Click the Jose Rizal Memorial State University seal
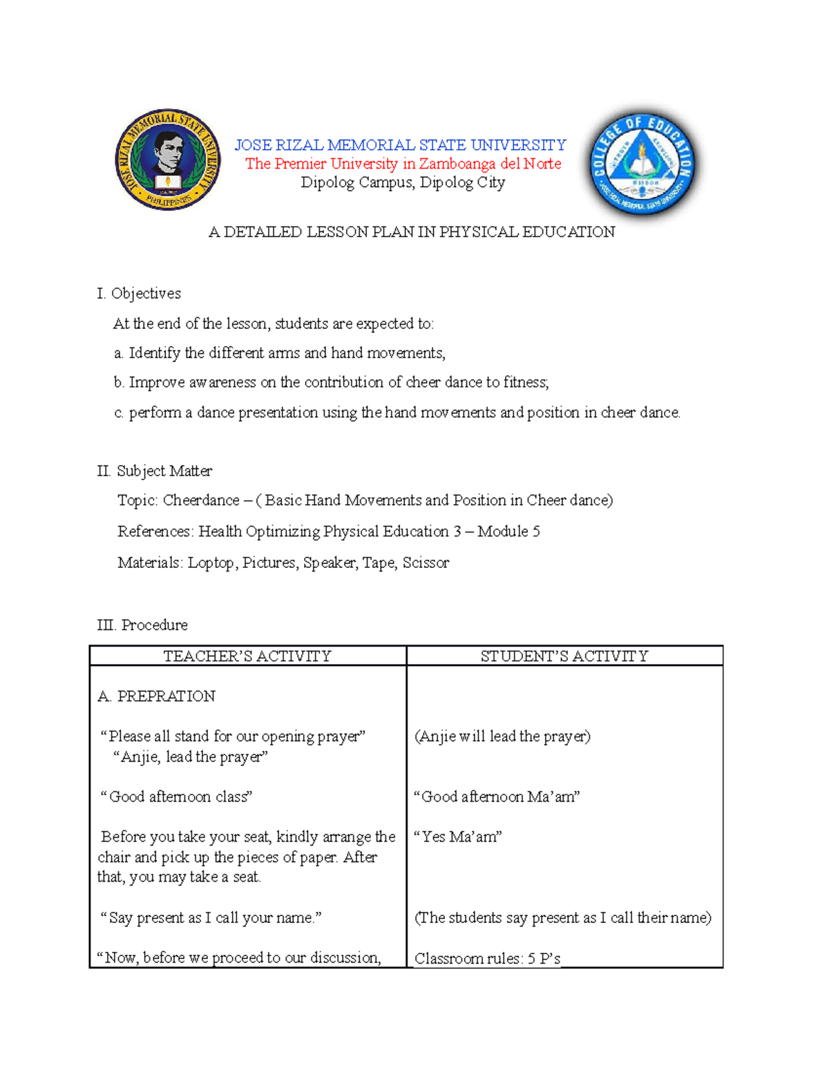click(x=168, y=160)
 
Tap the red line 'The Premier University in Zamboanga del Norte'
click(x=403, y=164)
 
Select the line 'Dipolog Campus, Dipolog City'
click(x=403, y=182)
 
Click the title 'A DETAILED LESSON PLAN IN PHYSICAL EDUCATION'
click(x=412, y=232)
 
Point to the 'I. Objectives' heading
click(x=139, y=294)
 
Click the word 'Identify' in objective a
click(x=155, y=353)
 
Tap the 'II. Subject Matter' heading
click(x=155, y=471)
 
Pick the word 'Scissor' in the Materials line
click(x=426, y=563)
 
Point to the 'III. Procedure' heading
click(x=142, y=625)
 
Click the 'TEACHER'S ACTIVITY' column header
click(x=247, y=656)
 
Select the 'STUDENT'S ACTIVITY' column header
click(x=564, y=656)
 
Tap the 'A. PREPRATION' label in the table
click(x=157, y=696)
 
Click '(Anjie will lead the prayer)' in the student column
click(x=502, y=737)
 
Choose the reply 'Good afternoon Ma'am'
click(x=497, y=797)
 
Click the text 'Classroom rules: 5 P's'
click(x=487, y=958)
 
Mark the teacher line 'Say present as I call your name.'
click(x=211, y=918)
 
